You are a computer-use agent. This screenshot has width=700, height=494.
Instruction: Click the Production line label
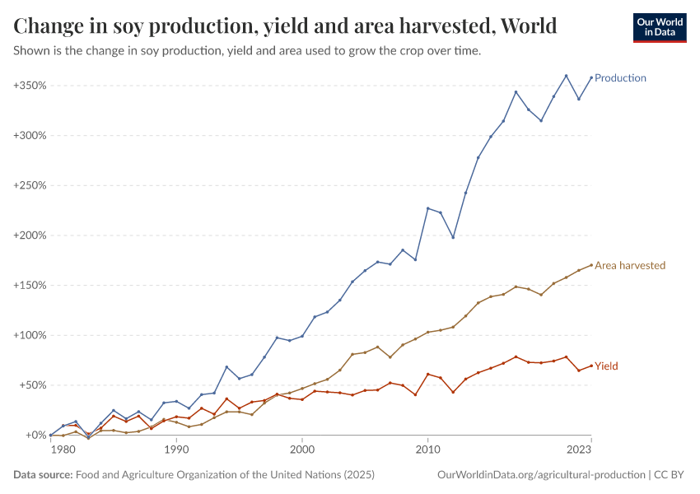pyautogui.click(x=620, y=78)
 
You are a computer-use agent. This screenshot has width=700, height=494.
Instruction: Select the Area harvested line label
pyautogui.click(x=629, y=265)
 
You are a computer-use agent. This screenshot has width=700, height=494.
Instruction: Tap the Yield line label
pyautogui.click(x=606, y=366)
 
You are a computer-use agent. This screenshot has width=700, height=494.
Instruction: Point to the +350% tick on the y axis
pyautogui.click(x=30, y=86)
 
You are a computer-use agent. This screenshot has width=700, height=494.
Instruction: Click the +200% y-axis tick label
pyautogui.click(x=30, y=235)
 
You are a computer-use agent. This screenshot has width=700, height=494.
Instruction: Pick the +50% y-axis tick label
pyautogui.click(x=32, y=385)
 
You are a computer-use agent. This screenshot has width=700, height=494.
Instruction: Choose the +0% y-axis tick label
pyautogui.click(x=35, y=435)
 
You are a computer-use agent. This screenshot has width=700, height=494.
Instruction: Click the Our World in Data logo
pyautogui.click(x=659, y=27)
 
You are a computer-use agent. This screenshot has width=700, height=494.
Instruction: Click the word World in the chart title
pyautogui.click(x=528, y=26)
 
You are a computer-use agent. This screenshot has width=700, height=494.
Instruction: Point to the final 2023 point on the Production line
pyautogui.click(x=591, y=78)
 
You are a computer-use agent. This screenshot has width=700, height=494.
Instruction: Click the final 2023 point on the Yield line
pyautogui.click(x=591, y=366)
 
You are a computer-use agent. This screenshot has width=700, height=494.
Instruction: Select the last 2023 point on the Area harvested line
pyautogui.click(x=591, y=265)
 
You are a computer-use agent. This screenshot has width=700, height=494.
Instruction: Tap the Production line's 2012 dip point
pyautogui.click(x=453, y=237)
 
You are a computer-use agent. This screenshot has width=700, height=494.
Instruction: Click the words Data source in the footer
pyautogui.click(x=43, y=475)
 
